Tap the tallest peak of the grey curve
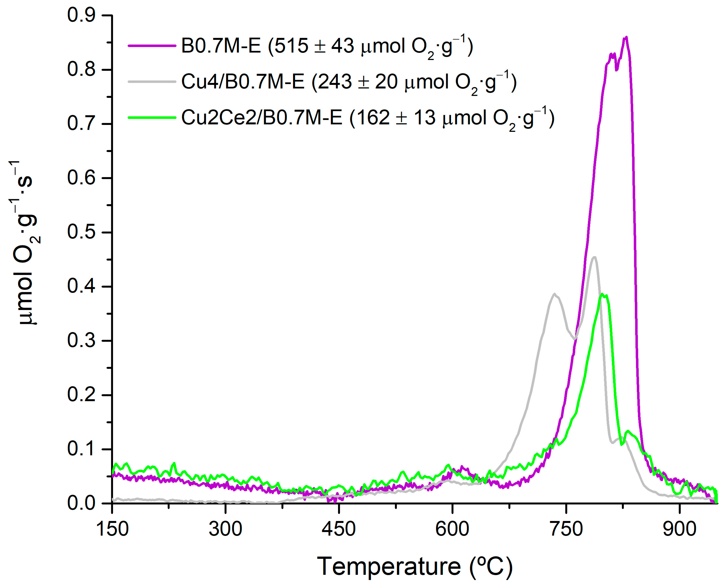[x=595, y=257]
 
